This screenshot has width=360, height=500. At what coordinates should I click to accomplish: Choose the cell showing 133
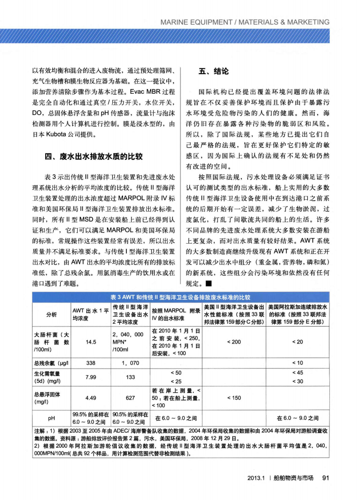(131, 377)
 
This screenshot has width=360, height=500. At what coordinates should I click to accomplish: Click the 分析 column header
(51, 314)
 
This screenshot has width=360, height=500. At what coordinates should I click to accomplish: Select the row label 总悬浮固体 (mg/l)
(49, 397)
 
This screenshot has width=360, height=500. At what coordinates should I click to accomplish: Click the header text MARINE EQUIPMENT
(200, 22)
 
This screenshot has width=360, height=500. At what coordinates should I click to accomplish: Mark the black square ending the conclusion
(206, 284)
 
